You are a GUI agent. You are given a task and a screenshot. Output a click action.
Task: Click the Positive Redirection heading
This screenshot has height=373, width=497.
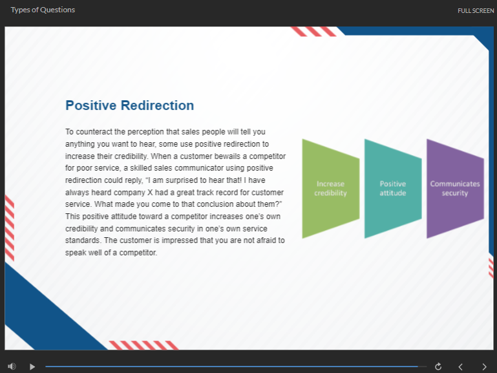[x=130, y=105]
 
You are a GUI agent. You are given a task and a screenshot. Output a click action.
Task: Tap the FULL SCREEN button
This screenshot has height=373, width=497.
[x=476, y=11]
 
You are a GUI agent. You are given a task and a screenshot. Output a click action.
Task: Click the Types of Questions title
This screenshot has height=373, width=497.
[x=43, y=10]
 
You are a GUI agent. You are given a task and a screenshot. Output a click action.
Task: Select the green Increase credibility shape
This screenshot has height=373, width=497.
[x=331, y=189]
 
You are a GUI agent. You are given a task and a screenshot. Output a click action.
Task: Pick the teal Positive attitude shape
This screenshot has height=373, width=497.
[x=393, y=189]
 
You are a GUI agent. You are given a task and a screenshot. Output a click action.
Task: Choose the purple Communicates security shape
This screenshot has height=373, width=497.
[x=455, y=189]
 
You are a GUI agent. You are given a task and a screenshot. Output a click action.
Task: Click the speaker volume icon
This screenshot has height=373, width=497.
[x=12, y=367]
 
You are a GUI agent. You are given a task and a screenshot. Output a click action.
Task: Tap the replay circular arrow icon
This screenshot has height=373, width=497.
[x=438, y=367]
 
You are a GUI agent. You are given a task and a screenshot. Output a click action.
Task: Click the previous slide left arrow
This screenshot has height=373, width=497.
[x=460, y=367]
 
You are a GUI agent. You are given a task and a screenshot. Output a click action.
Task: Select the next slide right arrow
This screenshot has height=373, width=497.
[x=484, y=367]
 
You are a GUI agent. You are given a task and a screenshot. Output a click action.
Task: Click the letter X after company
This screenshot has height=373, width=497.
[x=150, y=193]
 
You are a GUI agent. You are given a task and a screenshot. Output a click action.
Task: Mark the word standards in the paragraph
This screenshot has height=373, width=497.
[x=83, y=240]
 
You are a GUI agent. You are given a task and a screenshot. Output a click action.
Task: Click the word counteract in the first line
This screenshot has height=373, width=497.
[x=94, y=132]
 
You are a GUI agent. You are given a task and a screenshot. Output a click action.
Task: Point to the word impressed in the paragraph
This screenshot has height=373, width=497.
[x=178, y=240]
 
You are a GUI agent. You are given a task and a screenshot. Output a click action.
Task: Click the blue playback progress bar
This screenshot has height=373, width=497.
[x=232, y=367]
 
